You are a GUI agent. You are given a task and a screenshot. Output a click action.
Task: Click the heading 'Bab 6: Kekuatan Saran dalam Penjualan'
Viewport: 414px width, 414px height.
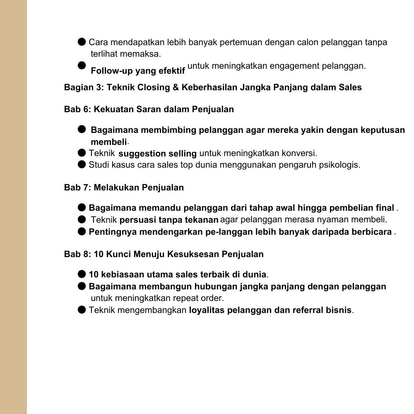[x=149, y=109]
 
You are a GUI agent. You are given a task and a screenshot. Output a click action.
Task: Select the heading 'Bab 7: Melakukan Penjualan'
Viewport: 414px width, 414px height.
[x=124, y=188]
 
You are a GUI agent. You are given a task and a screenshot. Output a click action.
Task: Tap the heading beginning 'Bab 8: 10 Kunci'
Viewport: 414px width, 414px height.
[x=164, y=254]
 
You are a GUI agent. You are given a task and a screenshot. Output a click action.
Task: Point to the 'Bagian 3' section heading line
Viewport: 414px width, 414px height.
[x=213, y=87]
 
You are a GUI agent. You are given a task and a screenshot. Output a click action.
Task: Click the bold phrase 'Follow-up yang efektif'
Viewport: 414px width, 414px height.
[x=137, y=71]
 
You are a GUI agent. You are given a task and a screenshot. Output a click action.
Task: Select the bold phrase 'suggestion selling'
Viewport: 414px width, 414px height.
[x=157, y=154]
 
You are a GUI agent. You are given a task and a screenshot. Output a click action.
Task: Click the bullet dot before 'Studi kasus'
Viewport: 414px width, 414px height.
[x=82, y=165]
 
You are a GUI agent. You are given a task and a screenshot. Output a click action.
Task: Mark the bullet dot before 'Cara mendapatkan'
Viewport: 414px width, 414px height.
[x=82, y=42]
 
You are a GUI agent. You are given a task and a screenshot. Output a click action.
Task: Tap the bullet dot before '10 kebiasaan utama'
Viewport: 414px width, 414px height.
[x=82, y=274]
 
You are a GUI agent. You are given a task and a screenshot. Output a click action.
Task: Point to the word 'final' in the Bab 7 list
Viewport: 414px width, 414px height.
[x=385, y=207]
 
